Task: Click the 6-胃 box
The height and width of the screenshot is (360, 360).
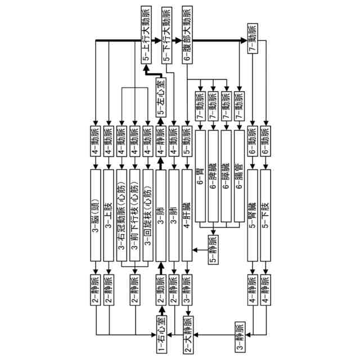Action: [x=201, y=176]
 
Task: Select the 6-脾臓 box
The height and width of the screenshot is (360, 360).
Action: [x=214, y=176]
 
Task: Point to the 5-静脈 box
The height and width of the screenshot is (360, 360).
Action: [x=214, y=249]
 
